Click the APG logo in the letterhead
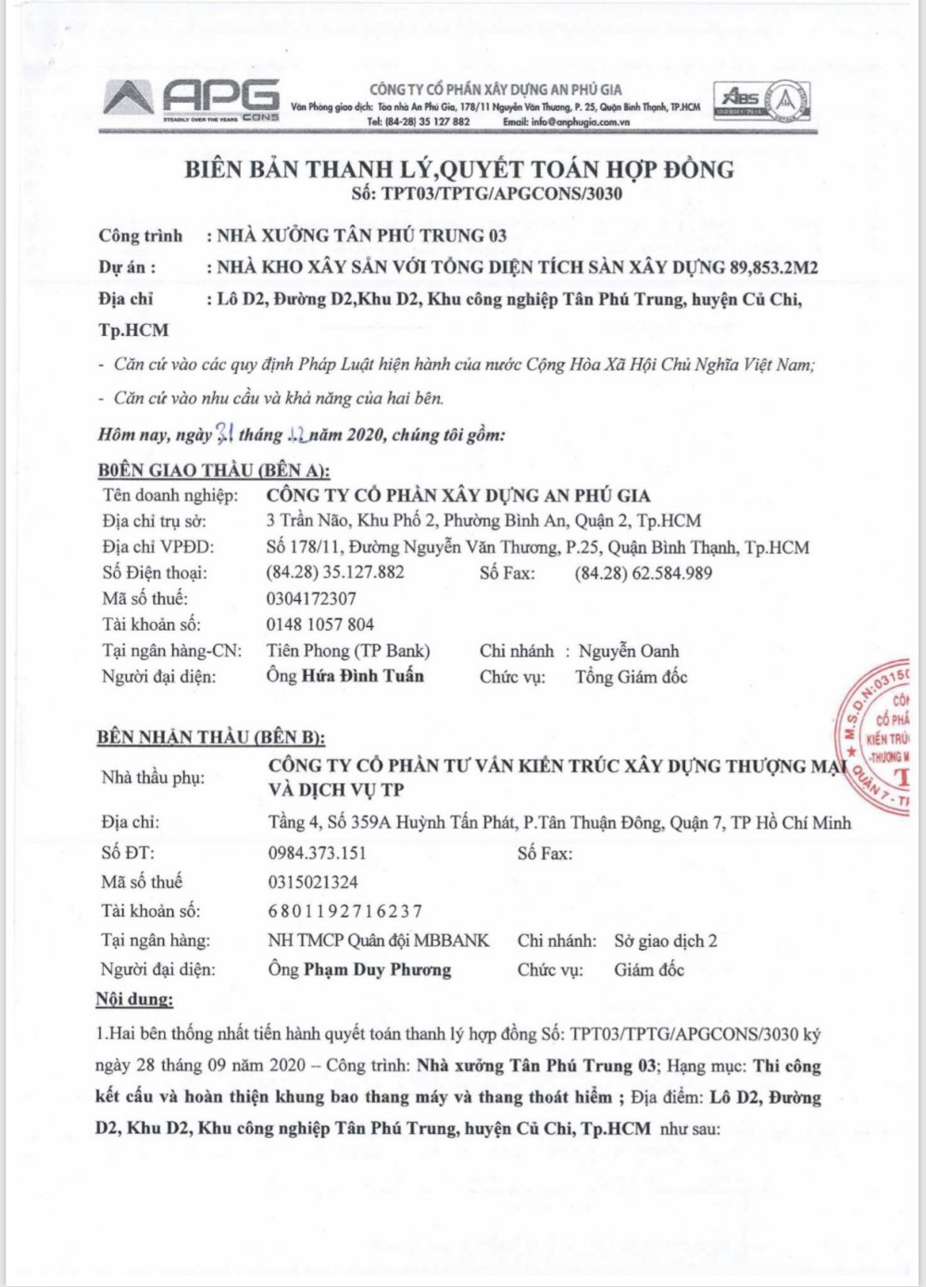tap(190, 99)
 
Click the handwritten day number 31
tap(221, 432)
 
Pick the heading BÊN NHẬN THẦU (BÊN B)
tap(211, 738)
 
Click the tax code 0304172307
tap(311, 598)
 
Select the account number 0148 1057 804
tap(320, 624)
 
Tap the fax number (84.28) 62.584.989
tap(644, 572)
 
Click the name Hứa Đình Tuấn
tap(362, 676)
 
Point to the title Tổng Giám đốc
tap(632, 677)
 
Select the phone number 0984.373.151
tap(317, 853)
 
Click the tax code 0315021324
tap(313, 881)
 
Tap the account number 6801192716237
tap(344, 911)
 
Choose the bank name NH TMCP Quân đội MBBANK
tap(378, 941)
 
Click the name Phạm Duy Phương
tap(377, 969)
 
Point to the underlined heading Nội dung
tap(134, 999)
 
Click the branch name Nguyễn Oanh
tap(629, 650)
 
